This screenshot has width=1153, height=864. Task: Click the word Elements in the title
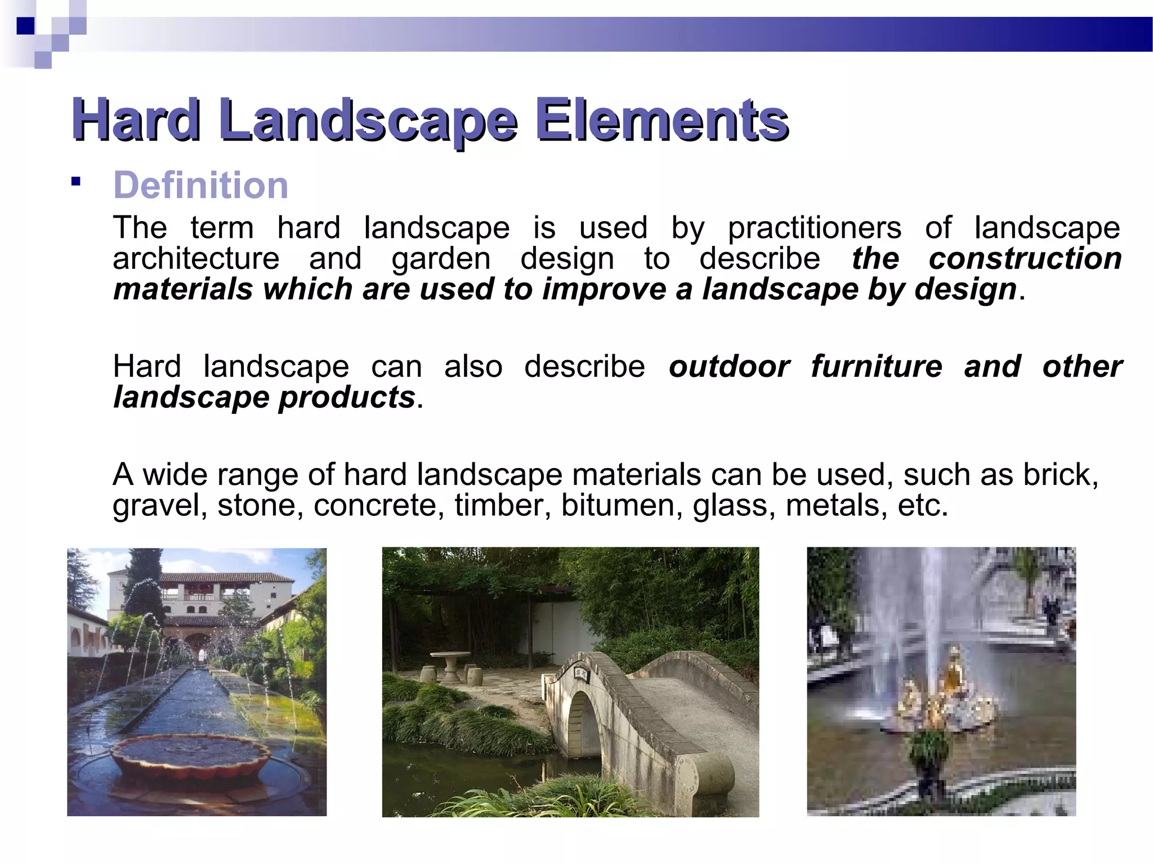pos(662,119)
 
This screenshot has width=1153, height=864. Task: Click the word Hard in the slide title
pos(136,119)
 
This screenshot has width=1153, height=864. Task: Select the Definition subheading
pos(200,185)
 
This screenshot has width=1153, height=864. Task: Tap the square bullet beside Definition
pos(76,182)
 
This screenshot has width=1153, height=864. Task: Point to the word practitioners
pos(814,228)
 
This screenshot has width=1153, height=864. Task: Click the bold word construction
pos(1025,258)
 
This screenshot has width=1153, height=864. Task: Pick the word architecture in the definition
pos(196,258)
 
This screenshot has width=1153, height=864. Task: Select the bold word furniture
pos(876,366)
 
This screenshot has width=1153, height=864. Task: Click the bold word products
pos(347,397)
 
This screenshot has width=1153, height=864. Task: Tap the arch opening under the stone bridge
pos(583,726)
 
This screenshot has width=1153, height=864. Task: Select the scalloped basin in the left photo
pos(191,757)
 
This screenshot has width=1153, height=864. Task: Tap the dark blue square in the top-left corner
pos(25,26)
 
